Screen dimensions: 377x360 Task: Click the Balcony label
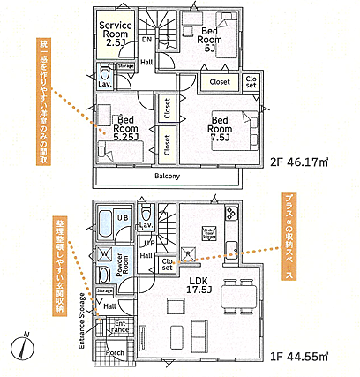(166, 176)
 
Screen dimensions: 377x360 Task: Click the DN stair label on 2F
(146, 40)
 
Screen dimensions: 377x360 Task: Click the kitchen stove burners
(231, 213)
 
